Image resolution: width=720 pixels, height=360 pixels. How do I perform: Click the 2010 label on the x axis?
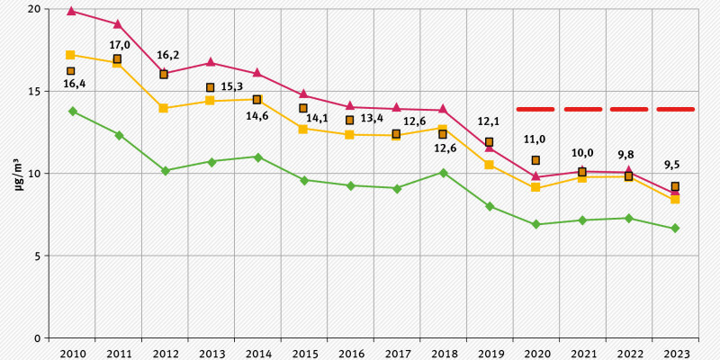pyautogui.click(x=72, y=352)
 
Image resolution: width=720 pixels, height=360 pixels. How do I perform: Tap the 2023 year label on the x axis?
pyautogui.click(x=675, y=352)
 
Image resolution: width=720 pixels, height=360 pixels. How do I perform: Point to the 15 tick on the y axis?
pyautogui.click(x=35, y=91)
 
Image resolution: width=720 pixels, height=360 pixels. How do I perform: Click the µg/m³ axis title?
pyautogui.click(x=19, y=173)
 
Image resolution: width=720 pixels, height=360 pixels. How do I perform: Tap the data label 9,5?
pyautogui.click(x=672, y=165)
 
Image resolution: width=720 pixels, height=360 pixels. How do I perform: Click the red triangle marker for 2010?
pyautogui.click(x=71, y=11)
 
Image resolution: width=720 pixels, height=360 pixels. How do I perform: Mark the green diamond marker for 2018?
pyautogui.click(x=443, y=173)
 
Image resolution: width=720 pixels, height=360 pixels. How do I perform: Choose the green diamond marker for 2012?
pyautogui.click(x=165, y=170)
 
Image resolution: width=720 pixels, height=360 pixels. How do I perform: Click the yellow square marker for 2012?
pyautogui.click(x=164, y=108)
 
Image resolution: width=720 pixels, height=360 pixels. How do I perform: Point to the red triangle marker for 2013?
pyautogui.click(x=211, y=62)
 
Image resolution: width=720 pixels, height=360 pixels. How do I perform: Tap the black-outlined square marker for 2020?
pyautogui.click(x=535, y=160)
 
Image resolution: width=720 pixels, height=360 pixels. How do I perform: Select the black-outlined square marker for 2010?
pyautogui.click(x=71, y=71)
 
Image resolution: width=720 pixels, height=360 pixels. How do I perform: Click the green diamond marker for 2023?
pyautogui.click(x=675, y=229)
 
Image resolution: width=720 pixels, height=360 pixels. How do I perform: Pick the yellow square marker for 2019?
pyautogui.click(x=489, y=165)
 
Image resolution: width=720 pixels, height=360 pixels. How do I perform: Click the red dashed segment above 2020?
pyautogui.click(x=535, y=109)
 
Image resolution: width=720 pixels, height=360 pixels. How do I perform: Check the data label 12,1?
pyautogui.click(x=489, y=121)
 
